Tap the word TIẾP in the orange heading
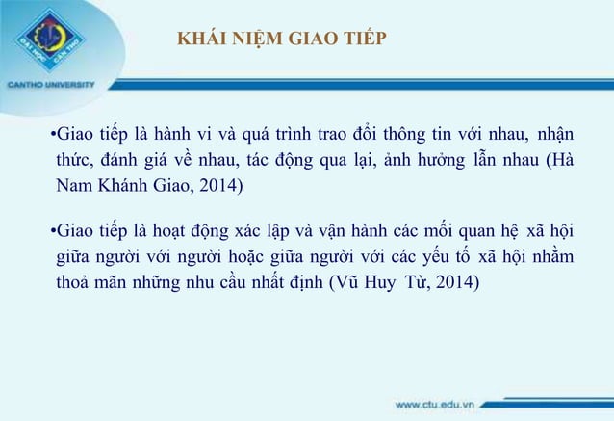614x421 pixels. point(365,39)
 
